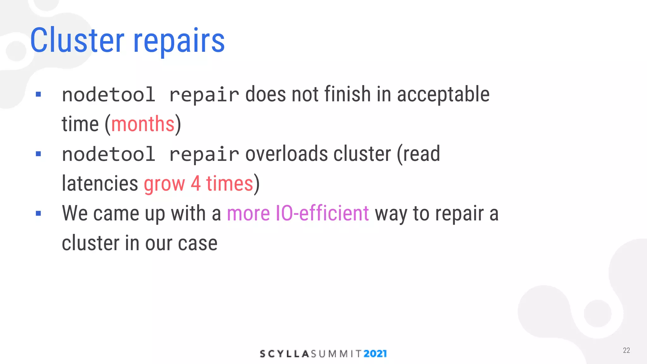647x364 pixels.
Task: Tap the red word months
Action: click(x=143, y=124)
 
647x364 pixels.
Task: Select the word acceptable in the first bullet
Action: click(x=443, y=94)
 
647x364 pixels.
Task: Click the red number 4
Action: click(x=196, y=184)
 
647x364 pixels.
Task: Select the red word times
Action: click(x=230, y=184)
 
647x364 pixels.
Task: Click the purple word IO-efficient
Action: click(x=322, y=213)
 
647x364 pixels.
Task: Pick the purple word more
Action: click(x=248, y=214)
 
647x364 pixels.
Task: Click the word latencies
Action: click(x=100, y=184)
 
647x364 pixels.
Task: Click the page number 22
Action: click(x=626, y=350)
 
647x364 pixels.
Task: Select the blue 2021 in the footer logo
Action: click(x=375, y=354)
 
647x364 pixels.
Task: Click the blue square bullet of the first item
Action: click(x=39, y=94)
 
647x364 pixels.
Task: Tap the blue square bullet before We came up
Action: click(x=39, y=213)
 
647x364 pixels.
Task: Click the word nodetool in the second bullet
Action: click(x=109, y=154)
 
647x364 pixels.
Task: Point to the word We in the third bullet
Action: click(x=75, y=213)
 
